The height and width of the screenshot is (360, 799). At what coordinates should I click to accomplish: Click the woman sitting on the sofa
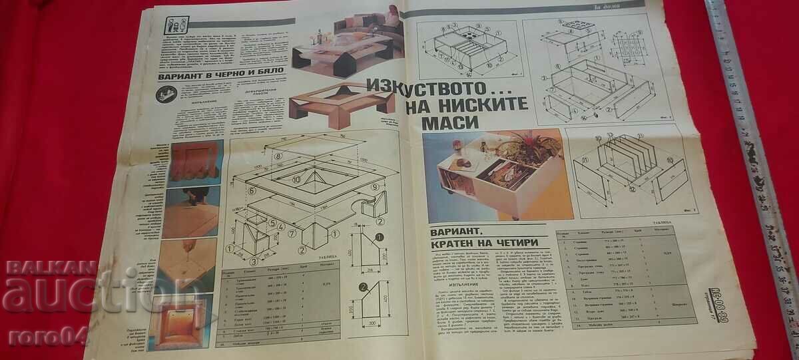click(x=392, y=17)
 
